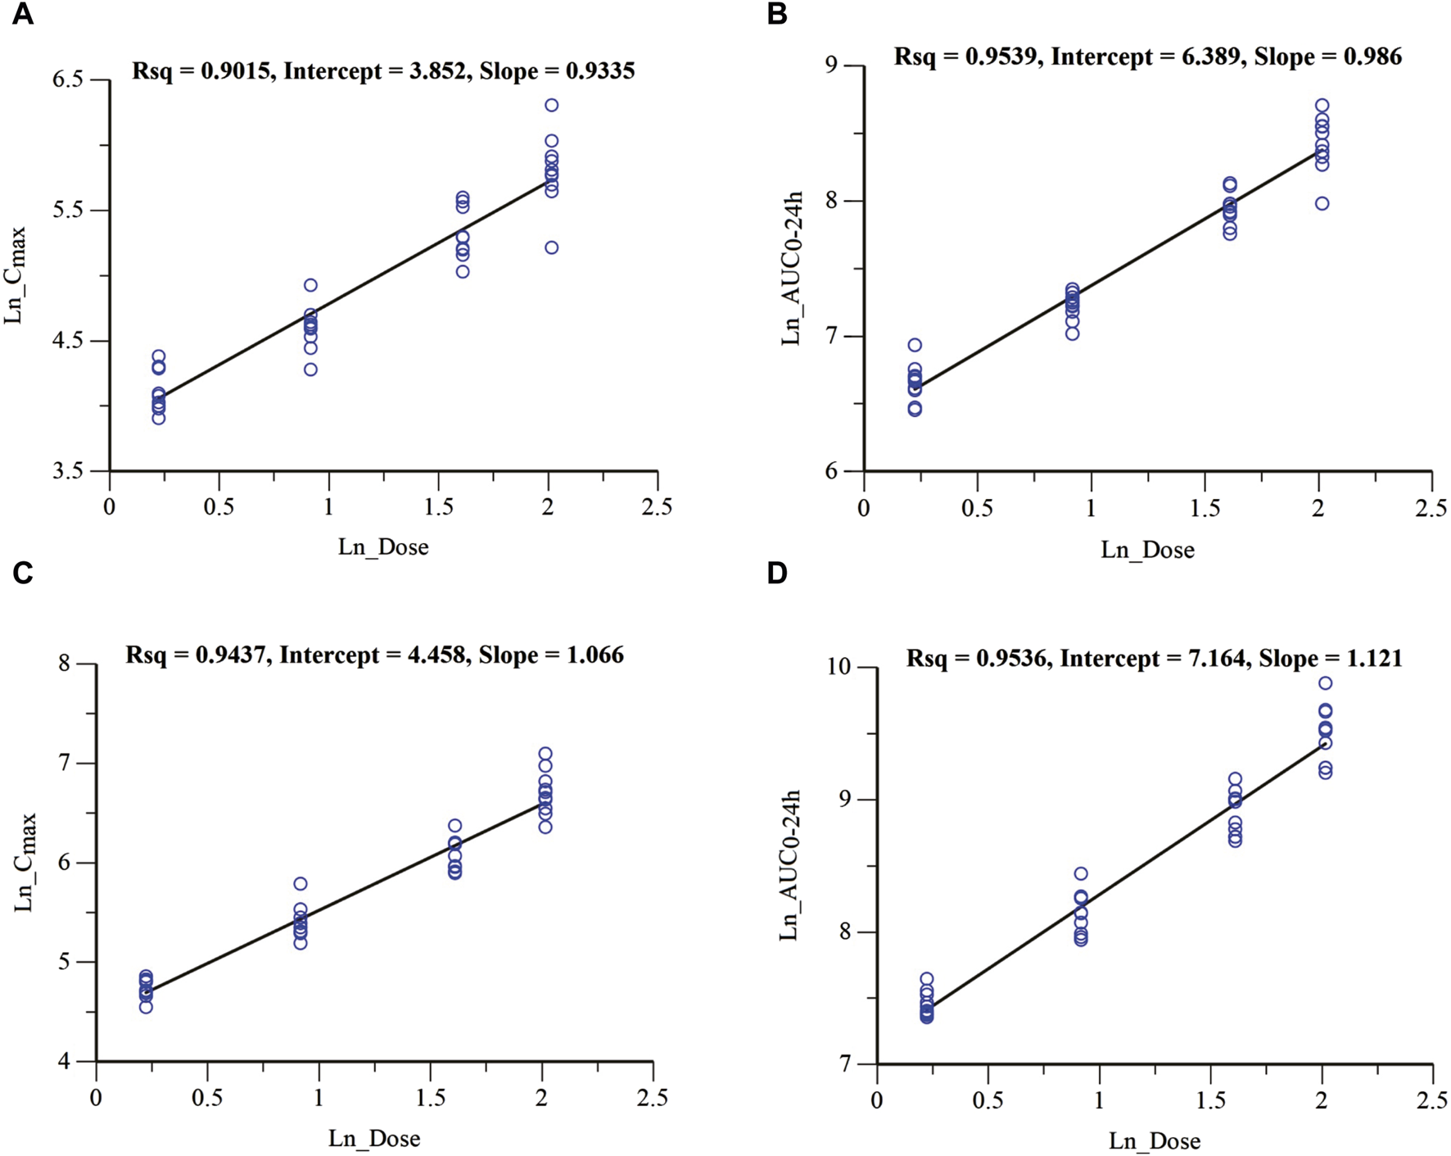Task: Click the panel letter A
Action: pos(22,14)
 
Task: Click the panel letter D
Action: pos(776,573)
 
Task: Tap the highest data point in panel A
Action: pos(551,105)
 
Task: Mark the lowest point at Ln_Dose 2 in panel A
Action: pos(551,247)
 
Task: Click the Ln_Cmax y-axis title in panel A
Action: pos(16,275)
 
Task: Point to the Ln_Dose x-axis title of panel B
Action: pos(1146,550)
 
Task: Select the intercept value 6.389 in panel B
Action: pos(1208,57)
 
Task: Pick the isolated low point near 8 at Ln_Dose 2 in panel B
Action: pos(1322,203)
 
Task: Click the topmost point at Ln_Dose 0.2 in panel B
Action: pos(915,345)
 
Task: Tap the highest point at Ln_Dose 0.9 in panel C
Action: pos(301,883)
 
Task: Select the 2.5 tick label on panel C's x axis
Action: pos(653,1098)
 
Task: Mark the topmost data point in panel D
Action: pos(1325,682)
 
